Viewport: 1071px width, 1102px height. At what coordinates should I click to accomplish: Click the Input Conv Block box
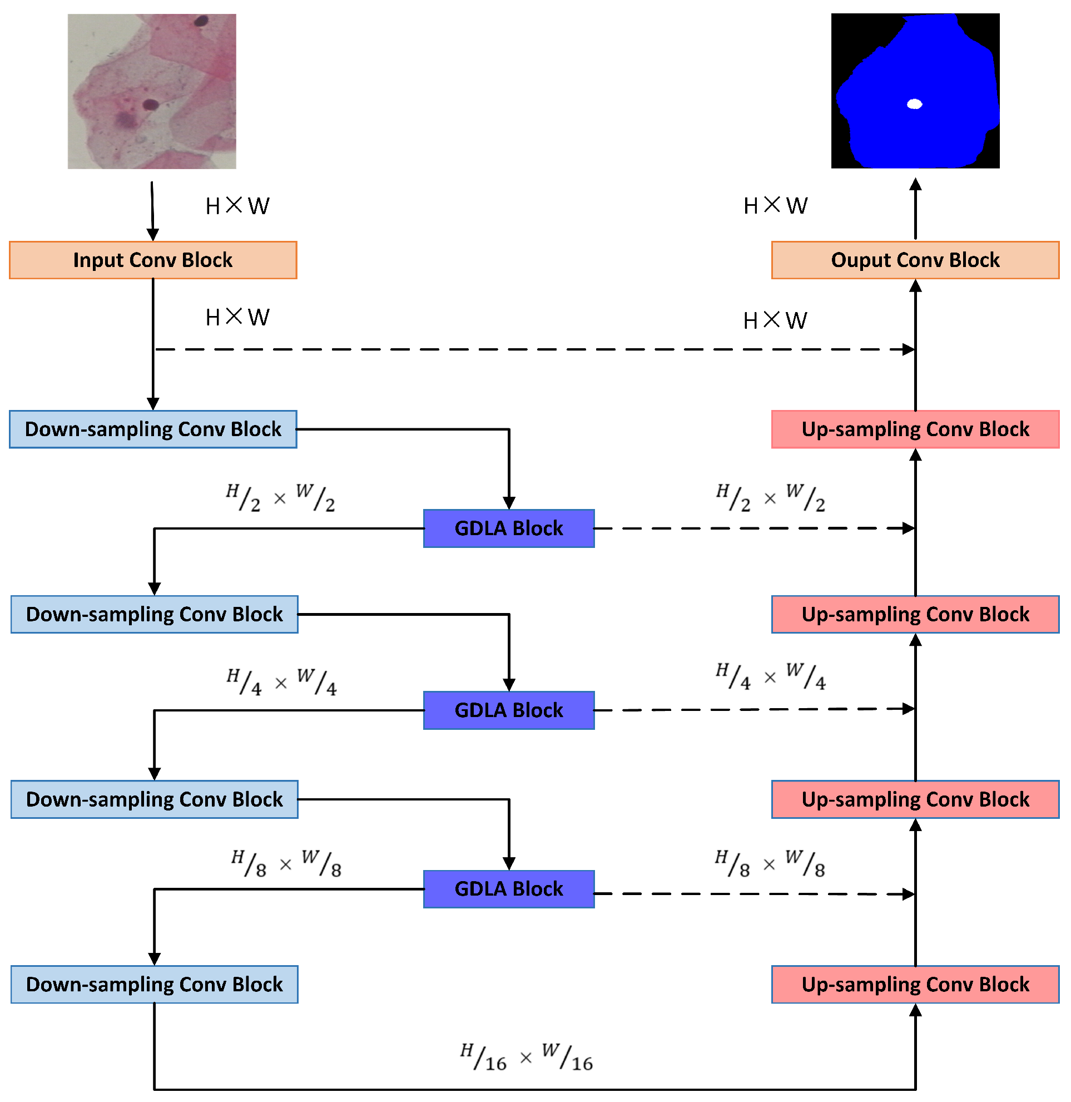tap(153, 260)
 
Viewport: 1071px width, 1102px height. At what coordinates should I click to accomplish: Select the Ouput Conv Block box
tap(915, 260)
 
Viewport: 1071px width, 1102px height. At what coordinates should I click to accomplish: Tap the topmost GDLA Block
tap(508, 528)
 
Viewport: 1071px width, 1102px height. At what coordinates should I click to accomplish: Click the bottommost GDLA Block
tap(508, 889)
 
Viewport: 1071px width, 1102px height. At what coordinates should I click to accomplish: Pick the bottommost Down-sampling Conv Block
tap(154, 985)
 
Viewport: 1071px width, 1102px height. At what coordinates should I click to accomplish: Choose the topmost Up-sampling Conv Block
tap(915, 429)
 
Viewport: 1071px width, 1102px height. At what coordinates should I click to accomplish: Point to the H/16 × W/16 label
tap(526, 1057)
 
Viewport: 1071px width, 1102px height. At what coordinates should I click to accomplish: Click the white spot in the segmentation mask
tap(915, 103)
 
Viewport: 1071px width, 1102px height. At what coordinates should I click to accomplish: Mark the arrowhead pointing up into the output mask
tap(915, 185)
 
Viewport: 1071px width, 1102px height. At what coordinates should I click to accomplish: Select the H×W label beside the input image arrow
tap(237, 206)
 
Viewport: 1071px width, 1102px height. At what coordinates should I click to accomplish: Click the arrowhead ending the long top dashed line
tap(909, 349)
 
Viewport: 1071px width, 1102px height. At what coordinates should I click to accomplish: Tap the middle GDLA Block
tap(508, 710)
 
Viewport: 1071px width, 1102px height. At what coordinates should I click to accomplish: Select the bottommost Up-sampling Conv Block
tap(915, 985)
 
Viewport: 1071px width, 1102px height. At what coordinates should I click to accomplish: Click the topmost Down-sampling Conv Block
tap(153, 429)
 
